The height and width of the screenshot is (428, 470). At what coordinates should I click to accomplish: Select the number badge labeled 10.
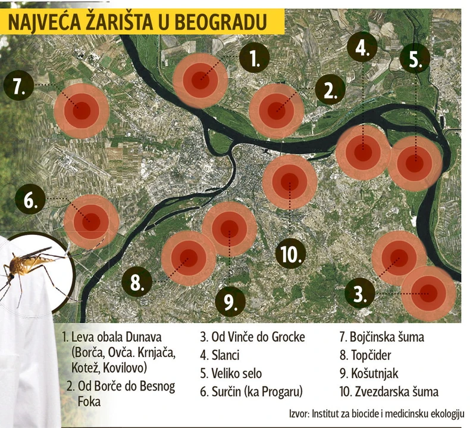pos(290,254)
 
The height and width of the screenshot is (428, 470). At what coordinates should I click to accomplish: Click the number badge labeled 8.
pos(137,281)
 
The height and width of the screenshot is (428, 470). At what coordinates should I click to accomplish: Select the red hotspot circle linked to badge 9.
pos(229,229)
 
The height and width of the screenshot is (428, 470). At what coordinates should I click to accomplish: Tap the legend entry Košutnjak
pos(368,374)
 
